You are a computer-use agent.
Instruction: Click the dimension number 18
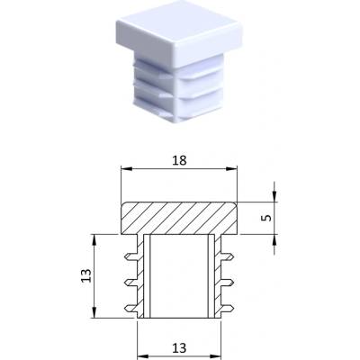pyautogui.click(x=179, y=160)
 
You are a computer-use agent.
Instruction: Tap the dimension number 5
pyautogui.click(x=266, y=218)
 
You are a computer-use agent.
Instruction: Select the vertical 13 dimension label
pyautogui.click(x=85, y=275)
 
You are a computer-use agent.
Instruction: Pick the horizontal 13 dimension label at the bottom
pyautogui.click(x=179, y=348)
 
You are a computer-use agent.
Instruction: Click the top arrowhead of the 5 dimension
pyautogui.click(x=274, y=196)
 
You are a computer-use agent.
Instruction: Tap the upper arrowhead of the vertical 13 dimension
pyautogui.click(x=94, y=240)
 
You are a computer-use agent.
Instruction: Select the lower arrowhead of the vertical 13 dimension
pyautogui.click(x=94, y=312)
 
